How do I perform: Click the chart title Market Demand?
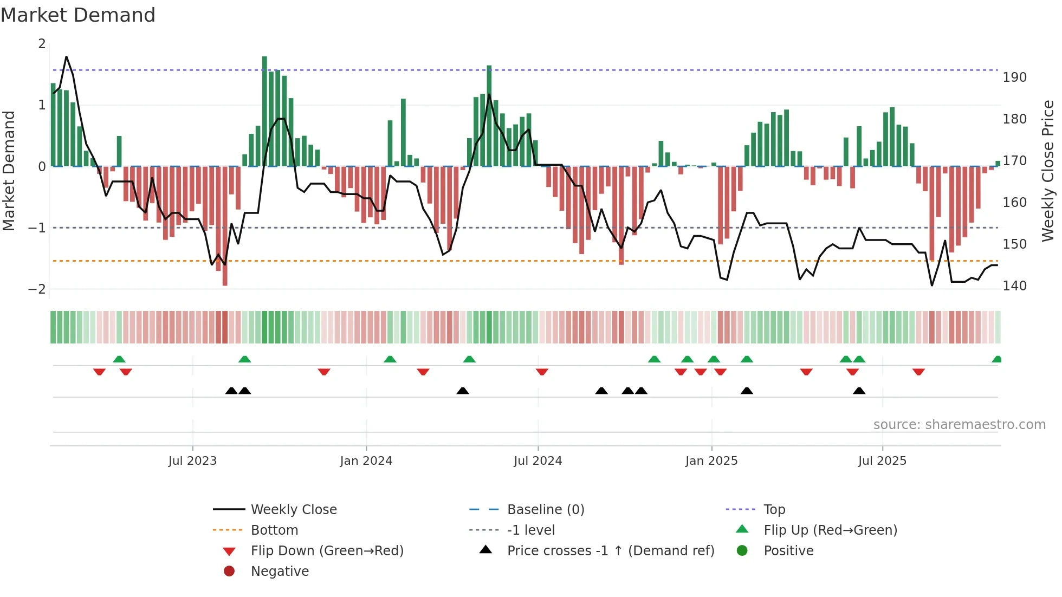click(x=78, y=15)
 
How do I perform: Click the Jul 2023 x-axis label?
click(x=192, y=461)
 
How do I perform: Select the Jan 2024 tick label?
click(x=366, y=461)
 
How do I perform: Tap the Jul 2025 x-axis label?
click(x=882, y=461)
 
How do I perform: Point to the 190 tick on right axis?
click(x=1014, y=77)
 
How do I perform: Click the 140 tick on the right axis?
click(x=1014, y=286)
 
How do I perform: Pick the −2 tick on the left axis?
click(x=37, y=289)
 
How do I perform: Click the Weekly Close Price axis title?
click(x=1048, y=170)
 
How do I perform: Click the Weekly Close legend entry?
click(x=293, y=510)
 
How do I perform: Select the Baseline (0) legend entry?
click(x=545, y=510)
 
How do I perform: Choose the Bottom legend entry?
click(x=274, y=530)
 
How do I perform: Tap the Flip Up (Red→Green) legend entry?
click(x=830, y=530)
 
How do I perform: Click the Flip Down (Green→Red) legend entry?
click(x=327, y=551)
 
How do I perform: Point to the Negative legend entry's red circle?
click(x=229, y=572)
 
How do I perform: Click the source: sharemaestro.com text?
click(x=959, y=425)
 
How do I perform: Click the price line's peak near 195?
click(x=67, y=57)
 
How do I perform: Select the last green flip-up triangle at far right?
click(x=996, y=359)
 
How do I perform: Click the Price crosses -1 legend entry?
click(x=610, y=551)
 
